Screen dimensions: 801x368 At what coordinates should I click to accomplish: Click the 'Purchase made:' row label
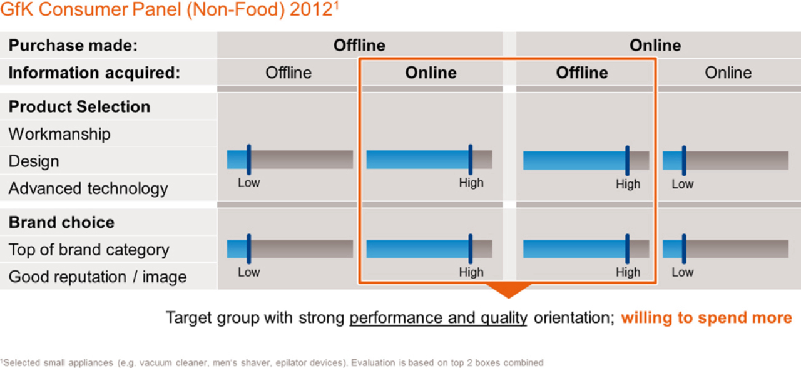pos(73,46)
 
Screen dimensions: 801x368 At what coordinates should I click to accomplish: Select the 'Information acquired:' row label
pos(94,73)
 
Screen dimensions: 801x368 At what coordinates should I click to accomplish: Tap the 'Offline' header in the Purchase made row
pos(359,46)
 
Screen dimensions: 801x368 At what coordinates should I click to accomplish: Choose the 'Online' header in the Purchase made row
pos(655,46)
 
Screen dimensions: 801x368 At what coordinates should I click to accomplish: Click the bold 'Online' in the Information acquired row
pos(431,73)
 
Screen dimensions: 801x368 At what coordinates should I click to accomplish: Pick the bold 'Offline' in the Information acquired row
pos(582,73)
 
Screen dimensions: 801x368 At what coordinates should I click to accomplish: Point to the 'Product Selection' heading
pos(79,106)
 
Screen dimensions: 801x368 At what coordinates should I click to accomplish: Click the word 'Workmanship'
pos(59,135)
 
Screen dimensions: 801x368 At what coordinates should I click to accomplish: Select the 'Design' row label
pos(34,161)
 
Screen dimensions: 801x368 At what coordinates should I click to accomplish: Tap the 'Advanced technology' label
pos(88,189)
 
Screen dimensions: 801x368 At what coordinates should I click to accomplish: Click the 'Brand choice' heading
pos(61,222)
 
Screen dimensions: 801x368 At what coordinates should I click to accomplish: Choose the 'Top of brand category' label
pos(89,250)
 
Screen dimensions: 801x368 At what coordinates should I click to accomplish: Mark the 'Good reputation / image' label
pos(97,277)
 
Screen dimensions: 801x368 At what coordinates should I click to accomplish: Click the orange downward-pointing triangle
pos(509,290)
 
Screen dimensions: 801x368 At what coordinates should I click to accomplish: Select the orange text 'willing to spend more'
pos(707,317)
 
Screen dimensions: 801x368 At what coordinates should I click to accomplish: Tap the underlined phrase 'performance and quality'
pos(439,318)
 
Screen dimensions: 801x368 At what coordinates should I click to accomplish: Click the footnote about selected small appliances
pos(272,362)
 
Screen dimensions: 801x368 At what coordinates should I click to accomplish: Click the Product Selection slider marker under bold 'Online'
pos(471,160)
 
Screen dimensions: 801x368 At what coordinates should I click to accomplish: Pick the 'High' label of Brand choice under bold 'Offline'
pos(628,272)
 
